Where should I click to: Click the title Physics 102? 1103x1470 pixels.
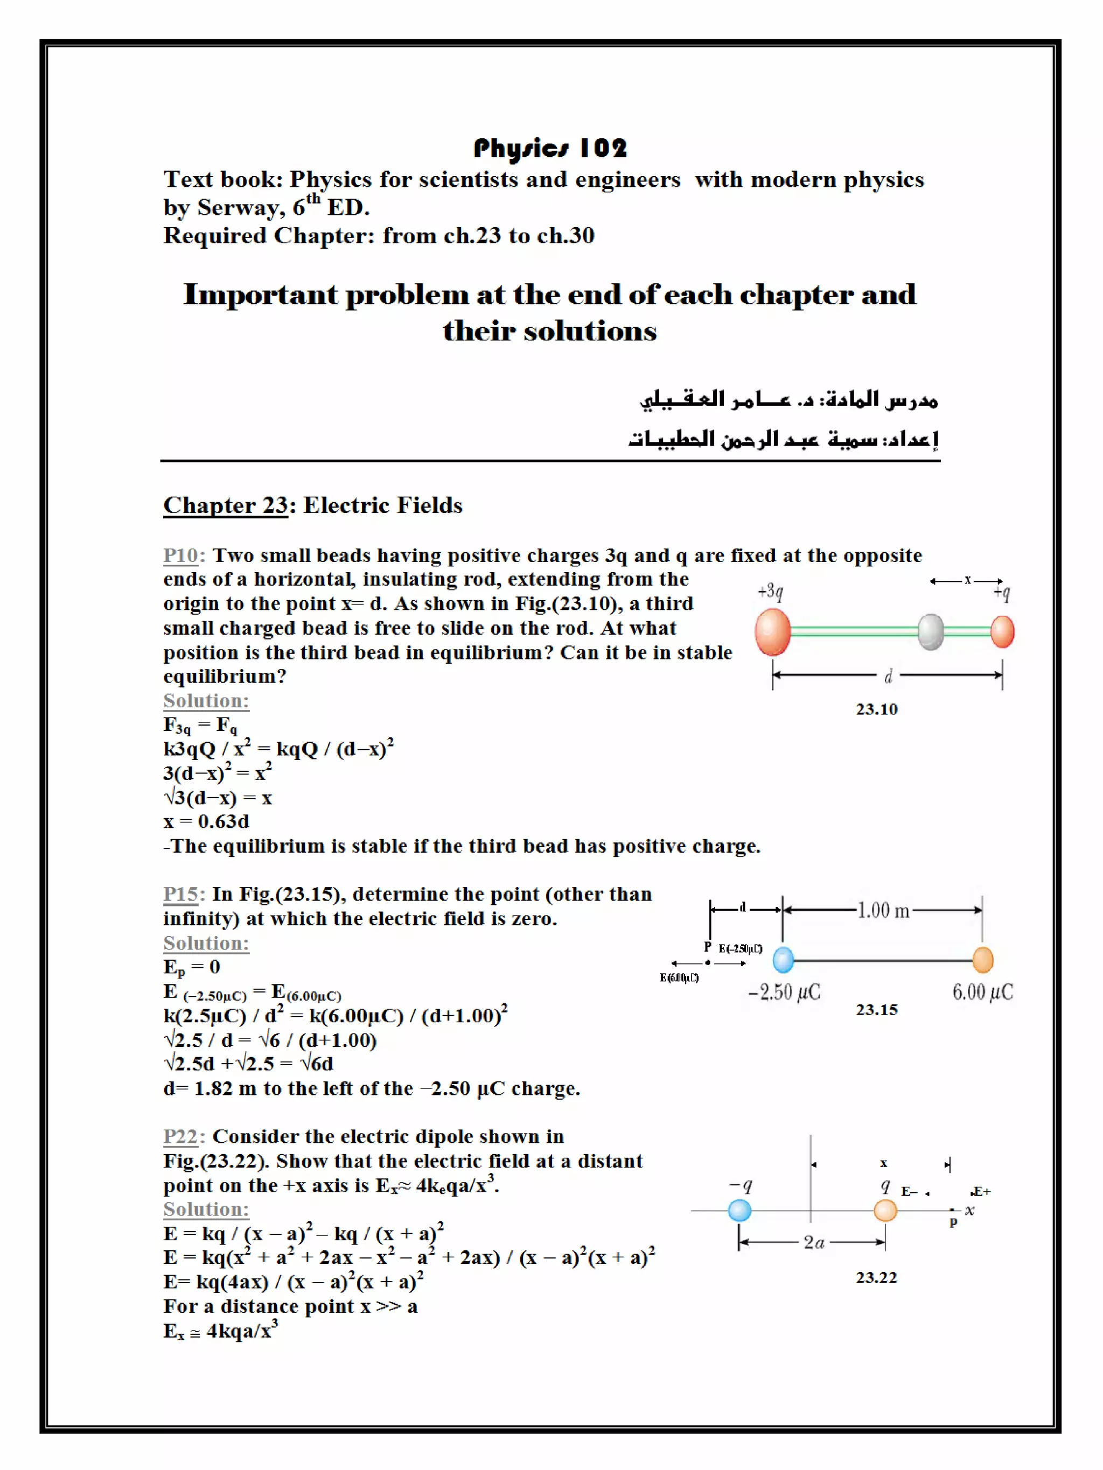[550, 148]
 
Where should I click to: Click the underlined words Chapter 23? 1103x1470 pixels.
[225, 505]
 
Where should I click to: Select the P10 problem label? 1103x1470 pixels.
[180, 555]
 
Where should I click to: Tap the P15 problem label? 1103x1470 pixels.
[181, 894]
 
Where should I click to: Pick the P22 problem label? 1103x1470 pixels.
[181, 1136]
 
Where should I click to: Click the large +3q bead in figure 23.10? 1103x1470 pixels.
[772, 631]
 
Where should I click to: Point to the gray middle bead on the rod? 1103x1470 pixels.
[930, 631]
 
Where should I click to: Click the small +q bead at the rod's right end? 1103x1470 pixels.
[1002, 631]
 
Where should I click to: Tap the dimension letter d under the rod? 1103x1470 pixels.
[888, 677]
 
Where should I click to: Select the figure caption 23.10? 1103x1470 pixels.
[876, 709]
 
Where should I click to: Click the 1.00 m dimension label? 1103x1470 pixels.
[883, 910]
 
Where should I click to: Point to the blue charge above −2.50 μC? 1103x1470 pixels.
[783, 960]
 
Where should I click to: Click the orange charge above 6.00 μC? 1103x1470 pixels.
[982, 960]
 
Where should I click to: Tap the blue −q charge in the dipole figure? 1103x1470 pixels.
[739, 1211]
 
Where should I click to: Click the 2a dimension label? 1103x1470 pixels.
[814, 1242]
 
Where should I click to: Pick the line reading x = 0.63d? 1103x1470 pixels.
[206, 821]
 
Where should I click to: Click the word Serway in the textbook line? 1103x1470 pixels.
[236, 208]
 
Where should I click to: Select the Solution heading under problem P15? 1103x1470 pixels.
[206, 943]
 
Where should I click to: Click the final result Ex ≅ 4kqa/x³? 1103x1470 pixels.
[220, 1331]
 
